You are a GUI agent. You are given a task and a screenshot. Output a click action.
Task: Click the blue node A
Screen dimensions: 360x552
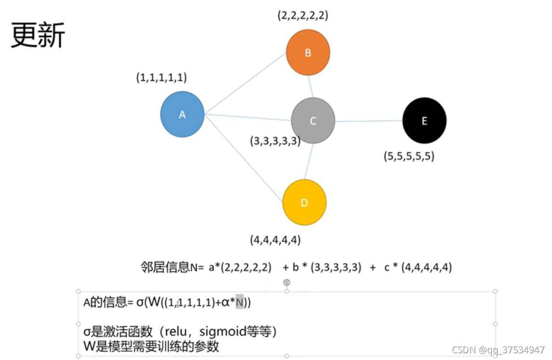182,114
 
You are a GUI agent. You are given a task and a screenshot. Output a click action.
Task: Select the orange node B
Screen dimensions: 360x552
308,53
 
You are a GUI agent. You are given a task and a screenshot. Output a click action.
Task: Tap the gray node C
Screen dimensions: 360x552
313,120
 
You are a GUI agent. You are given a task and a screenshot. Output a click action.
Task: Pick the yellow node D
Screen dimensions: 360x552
304,202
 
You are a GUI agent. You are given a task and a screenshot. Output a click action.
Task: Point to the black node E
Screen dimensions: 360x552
424,120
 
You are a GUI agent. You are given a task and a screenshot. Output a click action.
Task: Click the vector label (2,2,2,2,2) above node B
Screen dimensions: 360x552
302,15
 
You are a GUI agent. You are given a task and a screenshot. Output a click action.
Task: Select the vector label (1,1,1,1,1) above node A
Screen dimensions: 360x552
161,77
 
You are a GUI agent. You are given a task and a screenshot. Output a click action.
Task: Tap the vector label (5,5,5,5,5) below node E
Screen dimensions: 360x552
409,156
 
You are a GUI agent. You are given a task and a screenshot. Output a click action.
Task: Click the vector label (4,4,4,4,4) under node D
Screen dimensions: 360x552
276,239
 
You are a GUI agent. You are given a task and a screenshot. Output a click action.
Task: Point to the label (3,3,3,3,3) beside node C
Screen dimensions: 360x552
275,141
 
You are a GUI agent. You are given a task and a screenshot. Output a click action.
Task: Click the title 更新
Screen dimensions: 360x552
38,36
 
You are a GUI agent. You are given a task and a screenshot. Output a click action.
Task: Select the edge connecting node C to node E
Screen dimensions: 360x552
368,121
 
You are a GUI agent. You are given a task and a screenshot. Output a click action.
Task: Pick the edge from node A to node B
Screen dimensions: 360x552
246,83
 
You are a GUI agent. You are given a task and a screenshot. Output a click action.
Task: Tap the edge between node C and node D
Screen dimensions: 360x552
309,161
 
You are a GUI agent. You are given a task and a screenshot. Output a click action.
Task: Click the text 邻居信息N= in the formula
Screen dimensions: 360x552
172,267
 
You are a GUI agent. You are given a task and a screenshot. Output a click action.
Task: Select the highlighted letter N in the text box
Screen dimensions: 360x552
239,303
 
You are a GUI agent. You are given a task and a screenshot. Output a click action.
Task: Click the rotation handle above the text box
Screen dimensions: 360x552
287,282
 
